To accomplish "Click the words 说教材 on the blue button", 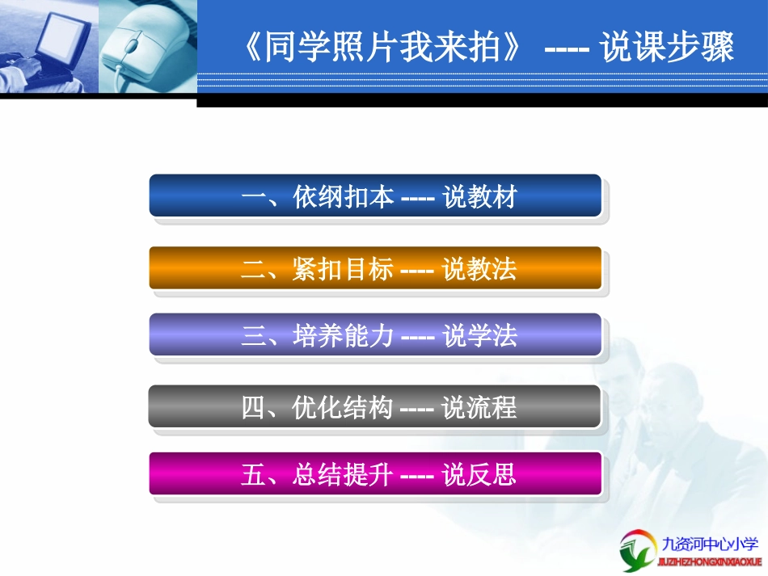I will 479,197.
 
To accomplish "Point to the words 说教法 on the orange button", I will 479,269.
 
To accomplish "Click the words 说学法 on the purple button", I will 479,335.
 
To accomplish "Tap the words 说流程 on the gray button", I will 479,407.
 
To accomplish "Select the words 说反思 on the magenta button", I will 479,474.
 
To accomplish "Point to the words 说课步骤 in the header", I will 667,48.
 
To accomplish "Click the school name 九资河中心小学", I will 711,544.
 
